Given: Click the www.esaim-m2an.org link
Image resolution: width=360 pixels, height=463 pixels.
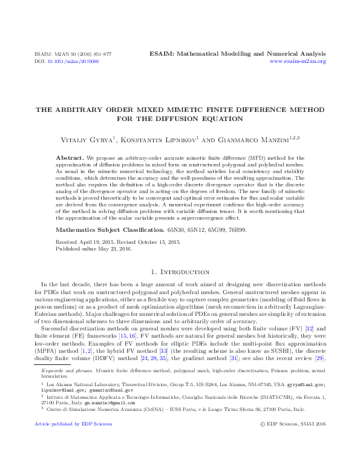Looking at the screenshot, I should tap(298, 61).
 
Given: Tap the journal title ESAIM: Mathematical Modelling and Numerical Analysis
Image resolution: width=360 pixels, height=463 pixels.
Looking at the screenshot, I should tap(238, 54).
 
